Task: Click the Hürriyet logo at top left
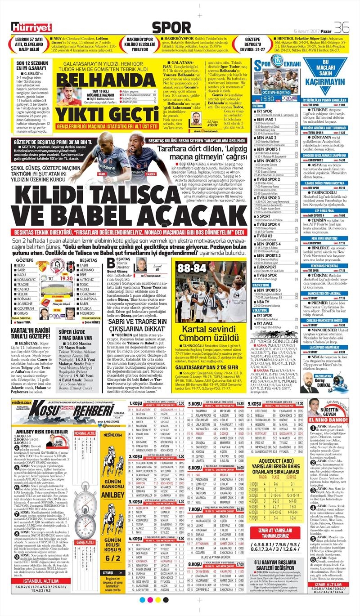tap(32, 27)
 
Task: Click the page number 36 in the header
tap(342, 27)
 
